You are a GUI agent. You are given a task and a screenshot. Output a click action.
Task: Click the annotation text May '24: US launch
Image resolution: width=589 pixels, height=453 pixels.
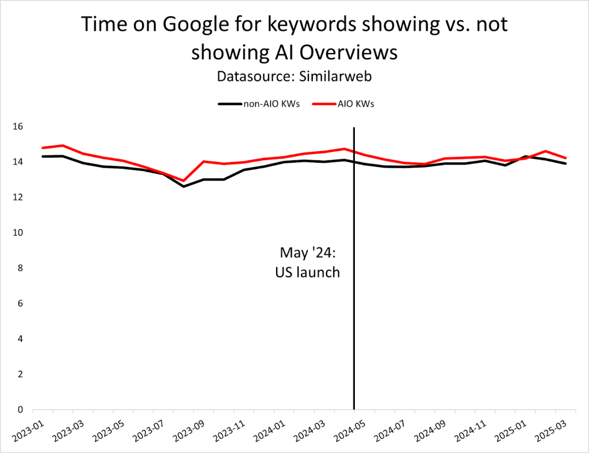[307, 262]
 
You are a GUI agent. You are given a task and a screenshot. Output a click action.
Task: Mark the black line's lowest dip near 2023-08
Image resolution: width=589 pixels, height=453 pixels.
[183, 186]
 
